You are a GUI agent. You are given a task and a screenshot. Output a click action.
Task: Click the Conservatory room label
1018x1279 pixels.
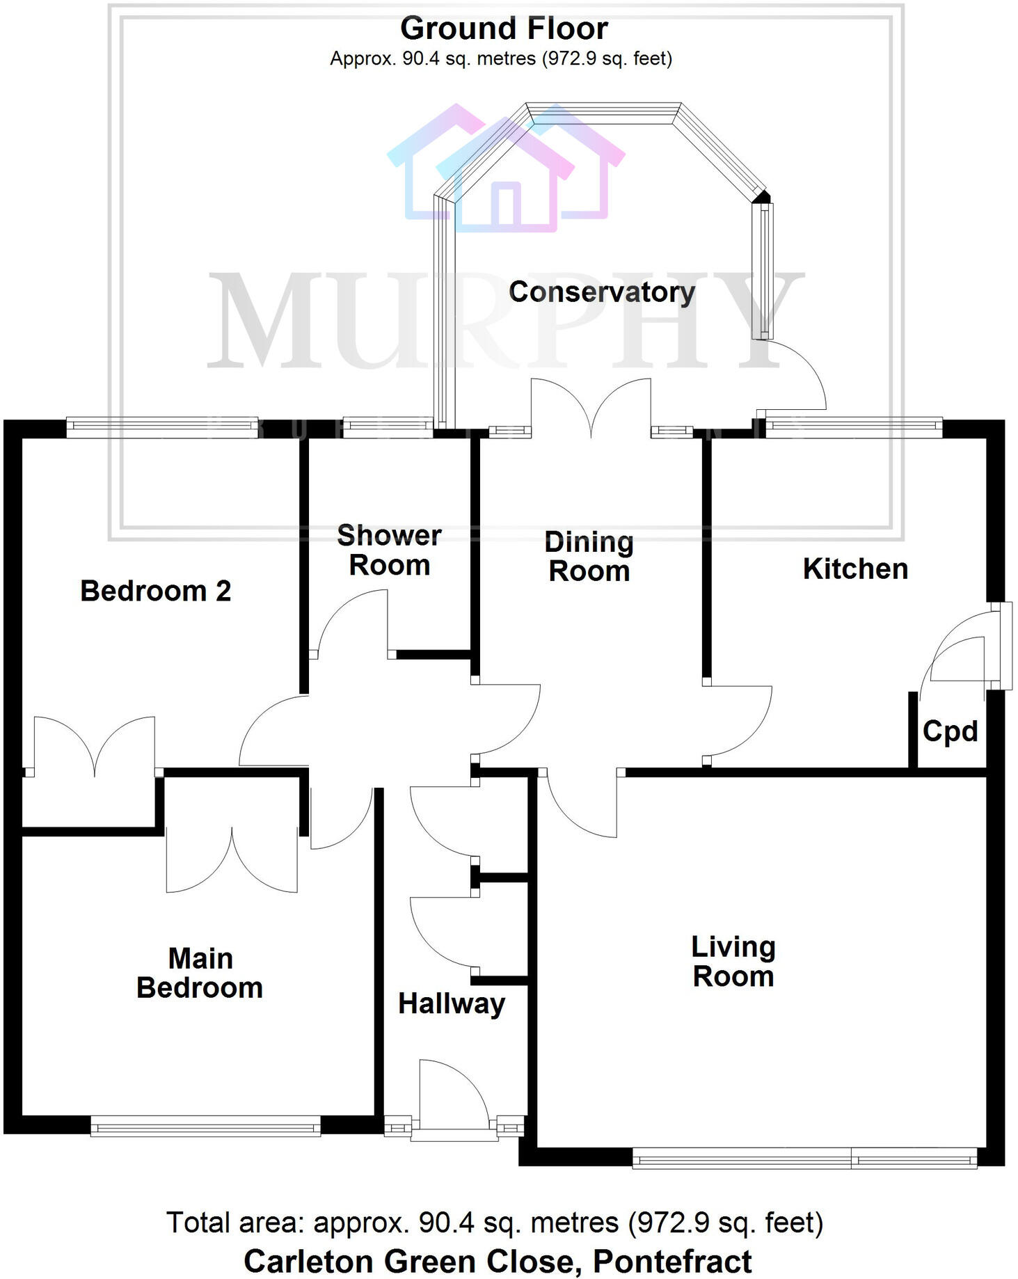(x=602, y=292)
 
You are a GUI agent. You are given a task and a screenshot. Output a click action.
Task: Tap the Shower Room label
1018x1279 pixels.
(x=389, y=550)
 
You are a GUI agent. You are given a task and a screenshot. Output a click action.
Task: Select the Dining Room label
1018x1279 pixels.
(x=589, y=556)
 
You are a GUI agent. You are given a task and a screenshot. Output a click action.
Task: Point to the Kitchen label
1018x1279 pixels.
(x=855, y=569)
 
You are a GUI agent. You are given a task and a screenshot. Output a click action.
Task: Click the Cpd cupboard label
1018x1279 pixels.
(x=950, y=731)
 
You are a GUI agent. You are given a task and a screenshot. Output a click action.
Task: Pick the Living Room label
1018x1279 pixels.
(x=733, y=961)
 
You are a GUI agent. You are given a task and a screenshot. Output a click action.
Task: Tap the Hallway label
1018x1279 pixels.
(x=451, y=1003)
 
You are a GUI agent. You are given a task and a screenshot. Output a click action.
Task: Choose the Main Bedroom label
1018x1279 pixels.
(x=200, y=973)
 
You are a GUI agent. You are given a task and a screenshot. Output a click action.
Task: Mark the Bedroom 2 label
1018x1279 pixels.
(x=156, y=591)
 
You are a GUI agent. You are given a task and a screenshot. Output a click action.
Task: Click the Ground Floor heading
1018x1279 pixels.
(x=504, y=29)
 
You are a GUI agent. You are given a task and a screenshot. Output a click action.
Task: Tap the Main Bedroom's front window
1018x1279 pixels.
(x=205, y=1125)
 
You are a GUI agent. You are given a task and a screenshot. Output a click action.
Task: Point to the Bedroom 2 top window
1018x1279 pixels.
(x=161, y=427)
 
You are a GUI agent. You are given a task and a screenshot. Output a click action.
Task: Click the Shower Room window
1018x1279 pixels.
(x=388, y=427)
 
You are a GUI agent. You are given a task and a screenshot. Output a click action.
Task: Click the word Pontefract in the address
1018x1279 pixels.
(x=672, y=1260)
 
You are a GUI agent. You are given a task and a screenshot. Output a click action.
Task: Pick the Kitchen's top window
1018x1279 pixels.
(x=853, y=427)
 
